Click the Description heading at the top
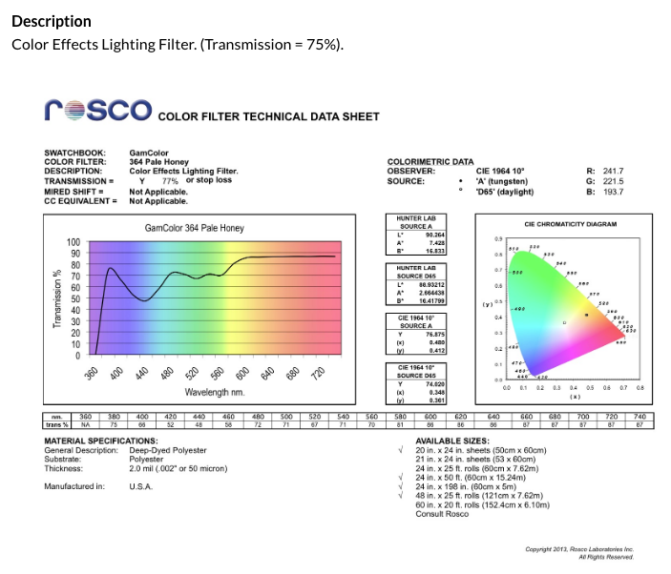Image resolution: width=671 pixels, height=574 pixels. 52,21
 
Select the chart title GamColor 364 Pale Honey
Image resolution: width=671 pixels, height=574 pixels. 195,228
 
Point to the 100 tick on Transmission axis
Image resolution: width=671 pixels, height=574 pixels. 73,242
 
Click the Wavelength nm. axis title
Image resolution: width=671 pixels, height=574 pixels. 215,392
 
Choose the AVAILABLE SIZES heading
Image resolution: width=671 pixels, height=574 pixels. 452,441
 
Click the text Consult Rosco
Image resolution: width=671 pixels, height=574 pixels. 442,514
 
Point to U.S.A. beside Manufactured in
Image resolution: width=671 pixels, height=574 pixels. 141,486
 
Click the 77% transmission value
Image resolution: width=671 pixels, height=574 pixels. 170,180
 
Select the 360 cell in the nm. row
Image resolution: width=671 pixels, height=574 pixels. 85,417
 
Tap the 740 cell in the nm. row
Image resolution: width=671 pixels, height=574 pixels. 639,417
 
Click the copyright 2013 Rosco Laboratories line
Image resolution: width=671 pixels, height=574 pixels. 579,549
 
